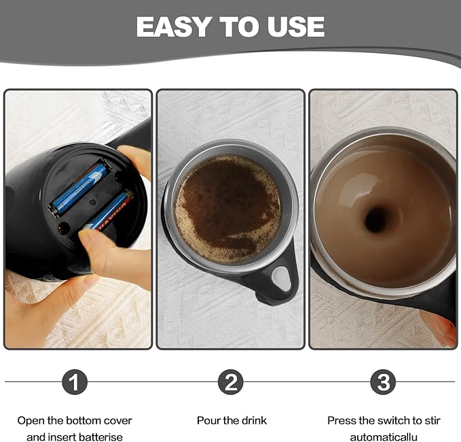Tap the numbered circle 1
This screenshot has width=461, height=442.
75,382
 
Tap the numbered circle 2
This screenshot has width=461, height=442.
230,382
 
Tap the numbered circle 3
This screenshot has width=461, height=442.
384,382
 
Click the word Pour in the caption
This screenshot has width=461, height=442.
208,421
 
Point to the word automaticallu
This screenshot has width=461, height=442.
384,437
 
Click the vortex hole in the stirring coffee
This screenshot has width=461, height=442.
375,219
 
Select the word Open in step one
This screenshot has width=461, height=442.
31,421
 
